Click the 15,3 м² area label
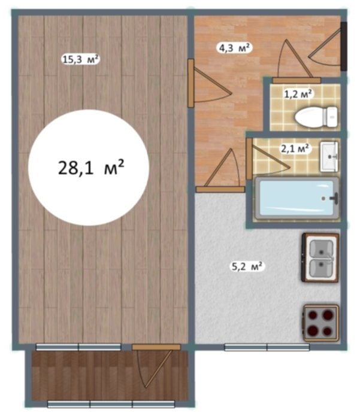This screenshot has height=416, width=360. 80,59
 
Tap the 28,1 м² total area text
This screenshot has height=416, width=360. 91,168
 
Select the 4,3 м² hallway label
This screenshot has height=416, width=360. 234,48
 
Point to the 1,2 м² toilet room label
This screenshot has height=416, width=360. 298,94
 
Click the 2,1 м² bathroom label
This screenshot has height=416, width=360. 295,148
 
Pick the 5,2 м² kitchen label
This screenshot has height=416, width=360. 248,266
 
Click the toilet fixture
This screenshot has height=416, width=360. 316,117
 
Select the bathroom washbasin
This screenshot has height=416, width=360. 329,157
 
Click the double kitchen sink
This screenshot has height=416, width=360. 320,257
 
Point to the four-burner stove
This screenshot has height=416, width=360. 321,323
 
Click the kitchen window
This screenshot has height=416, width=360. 267,347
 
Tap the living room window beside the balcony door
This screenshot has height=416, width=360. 78,347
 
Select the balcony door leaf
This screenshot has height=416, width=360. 155,367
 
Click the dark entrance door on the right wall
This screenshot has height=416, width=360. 344,47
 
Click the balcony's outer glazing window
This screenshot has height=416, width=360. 111,404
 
